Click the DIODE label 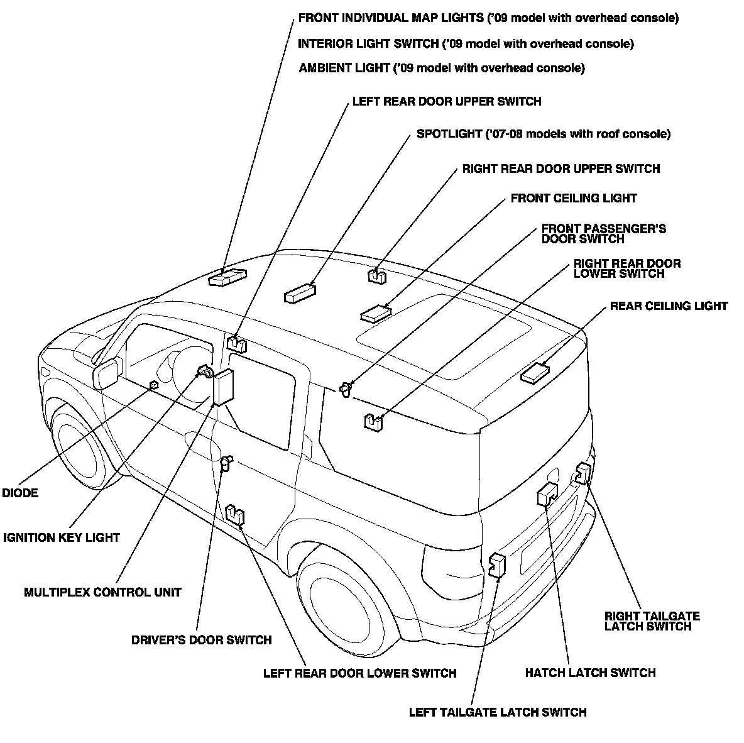[20, 493]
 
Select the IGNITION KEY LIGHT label [62, 537]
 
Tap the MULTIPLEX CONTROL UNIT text [102, 592]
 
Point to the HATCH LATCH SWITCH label [590, 673]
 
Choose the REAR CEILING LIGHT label [669, 306]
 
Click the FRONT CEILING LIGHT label [574, 199]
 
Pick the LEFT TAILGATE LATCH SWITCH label [497, 712]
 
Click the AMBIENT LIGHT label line [441, 68]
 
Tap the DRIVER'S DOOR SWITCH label [201, 640]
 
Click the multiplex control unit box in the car [224, 387]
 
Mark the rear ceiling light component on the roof [535, 373]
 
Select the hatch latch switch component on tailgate [547, 495]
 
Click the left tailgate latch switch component [498, 564]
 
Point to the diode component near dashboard [153, 385]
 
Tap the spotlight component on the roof [300, 294]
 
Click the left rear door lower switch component [235, 515]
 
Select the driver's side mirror [107, 373]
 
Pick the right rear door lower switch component [373, 421]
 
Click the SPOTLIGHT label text [544, 134]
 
